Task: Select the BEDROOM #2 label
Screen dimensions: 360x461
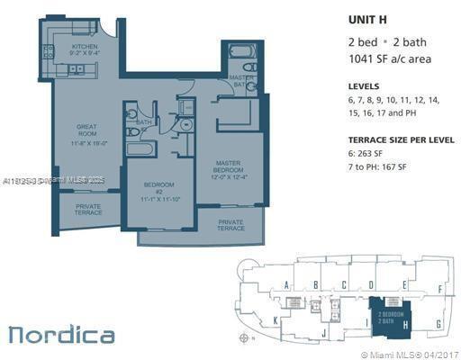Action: pos(158,192)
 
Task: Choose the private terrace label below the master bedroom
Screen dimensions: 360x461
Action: pos(230,225)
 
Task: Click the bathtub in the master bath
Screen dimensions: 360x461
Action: pos(243,51)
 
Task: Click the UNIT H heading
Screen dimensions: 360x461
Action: pos(367,18)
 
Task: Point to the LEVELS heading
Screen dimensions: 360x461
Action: pos(364,85)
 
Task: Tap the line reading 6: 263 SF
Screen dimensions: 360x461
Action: pos(369,154)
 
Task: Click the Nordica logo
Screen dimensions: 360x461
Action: pos(61,335)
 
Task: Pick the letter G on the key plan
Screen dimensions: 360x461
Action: pos(438,322)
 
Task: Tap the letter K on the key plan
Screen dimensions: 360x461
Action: pos(276,320)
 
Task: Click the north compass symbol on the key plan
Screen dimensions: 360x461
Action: pos(247,337)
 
